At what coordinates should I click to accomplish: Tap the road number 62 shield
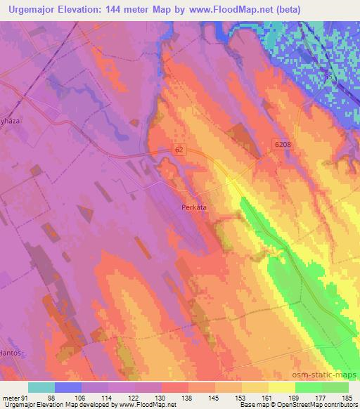coord(180,150)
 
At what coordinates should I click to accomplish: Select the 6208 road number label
coord(281,143)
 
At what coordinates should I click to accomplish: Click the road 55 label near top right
coord(327,74)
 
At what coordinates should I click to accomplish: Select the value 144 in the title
coord(124,10)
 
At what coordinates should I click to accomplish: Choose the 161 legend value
coord(268,397)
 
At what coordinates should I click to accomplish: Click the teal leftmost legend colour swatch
coord(41,387)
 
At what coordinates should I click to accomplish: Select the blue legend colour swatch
coord(68,387)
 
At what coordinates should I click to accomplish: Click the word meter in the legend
coord(10,397)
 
